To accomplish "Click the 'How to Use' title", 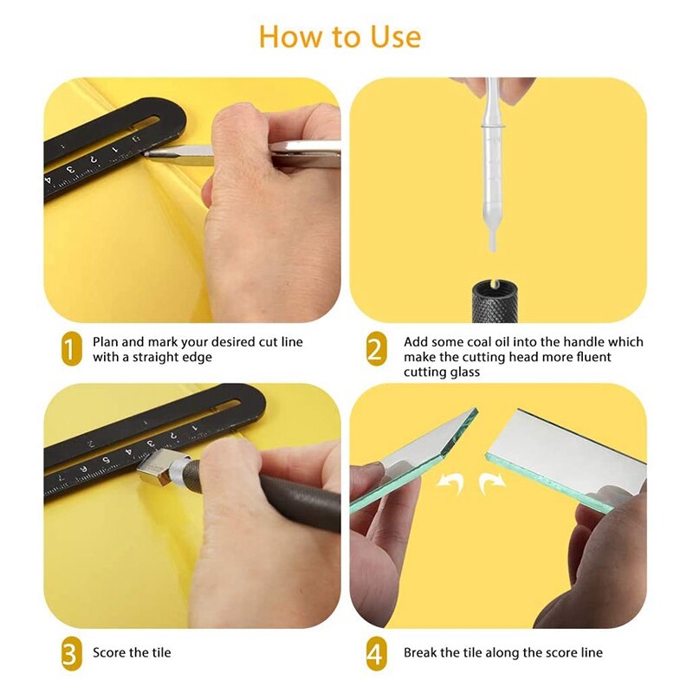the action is point(340,37).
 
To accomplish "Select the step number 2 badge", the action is point(375,350).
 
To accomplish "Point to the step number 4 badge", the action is point(375,652).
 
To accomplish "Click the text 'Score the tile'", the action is point(132,652).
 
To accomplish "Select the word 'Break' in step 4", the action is point(421,652).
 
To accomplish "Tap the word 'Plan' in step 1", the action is point(107,342).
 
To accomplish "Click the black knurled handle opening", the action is point(492,284).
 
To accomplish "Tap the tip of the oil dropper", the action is point(492,247).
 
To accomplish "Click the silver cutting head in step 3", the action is point(161,468).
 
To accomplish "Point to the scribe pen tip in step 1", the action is point(149,154).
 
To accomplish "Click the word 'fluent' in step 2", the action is point(591,357).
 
